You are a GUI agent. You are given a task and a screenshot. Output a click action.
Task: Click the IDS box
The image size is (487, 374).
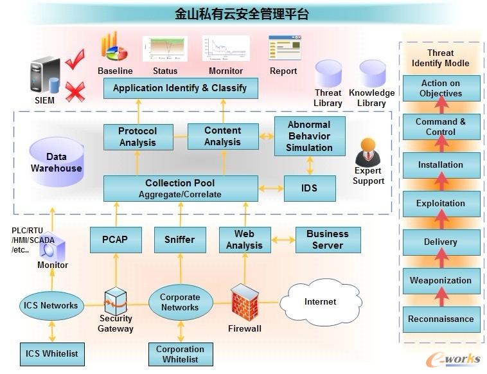(309, 188)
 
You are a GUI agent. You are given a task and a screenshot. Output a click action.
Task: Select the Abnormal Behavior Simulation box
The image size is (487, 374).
(309, 136)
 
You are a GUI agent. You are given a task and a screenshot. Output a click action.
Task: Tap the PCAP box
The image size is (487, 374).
(115, 240)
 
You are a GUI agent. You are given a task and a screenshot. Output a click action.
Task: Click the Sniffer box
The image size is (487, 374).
(179, 240)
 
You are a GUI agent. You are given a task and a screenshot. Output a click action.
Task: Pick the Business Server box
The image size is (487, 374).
(327, 240)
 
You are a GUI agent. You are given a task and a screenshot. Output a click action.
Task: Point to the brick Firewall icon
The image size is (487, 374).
(244, 302)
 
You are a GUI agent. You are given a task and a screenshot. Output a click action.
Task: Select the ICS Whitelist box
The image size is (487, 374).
(51, 353)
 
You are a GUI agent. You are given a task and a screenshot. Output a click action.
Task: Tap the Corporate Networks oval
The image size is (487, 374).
(180, 302)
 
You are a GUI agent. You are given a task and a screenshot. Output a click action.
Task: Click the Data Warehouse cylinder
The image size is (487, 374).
(57, 164)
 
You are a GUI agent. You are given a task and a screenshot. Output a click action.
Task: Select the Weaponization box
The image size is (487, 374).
(441, 280)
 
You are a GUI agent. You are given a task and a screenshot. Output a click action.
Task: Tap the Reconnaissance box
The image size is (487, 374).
(441, 319)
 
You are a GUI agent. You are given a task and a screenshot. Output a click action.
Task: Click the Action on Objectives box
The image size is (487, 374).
(441, 88)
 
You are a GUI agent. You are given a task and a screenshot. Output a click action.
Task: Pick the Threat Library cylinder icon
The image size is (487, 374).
(328, 73)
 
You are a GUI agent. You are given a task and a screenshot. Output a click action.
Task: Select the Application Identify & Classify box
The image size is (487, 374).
(180, 88)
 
